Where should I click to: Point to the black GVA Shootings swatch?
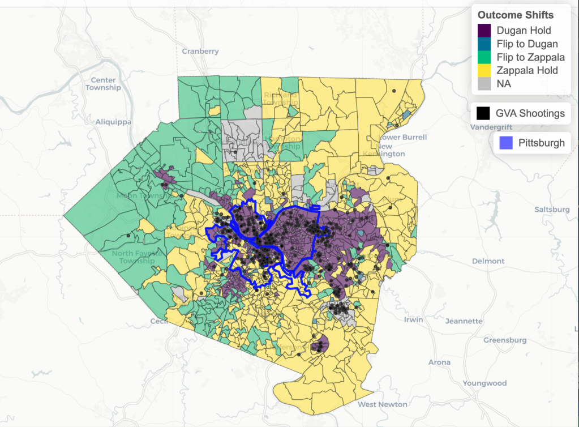483,113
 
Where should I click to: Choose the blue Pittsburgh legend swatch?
505,143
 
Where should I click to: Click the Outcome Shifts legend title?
515,15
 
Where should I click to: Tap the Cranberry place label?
200,52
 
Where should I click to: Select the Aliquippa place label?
113,122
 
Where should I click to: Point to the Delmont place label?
488,261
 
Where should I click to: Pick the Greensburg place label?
505,340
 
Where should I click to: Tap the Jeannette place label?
464,321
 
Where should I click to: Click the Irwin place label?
413,320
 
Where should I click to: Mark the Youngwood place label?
484,383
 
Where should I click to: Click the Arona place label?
439,362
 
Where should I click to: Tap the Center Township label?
103,84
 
